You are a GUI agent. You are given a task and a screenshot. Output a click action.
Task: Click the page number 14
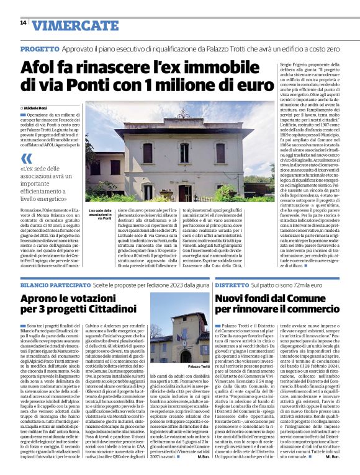pyautogui.click(x=23, y=23)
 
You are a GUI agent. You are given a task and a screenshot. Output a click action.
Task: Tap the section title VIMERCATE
pyautogui.click(x=66, y=25)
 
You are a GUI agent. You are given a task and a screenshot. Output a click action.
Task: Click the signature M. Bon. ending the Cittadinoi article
pyautogui.click(x=202, y=464)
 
